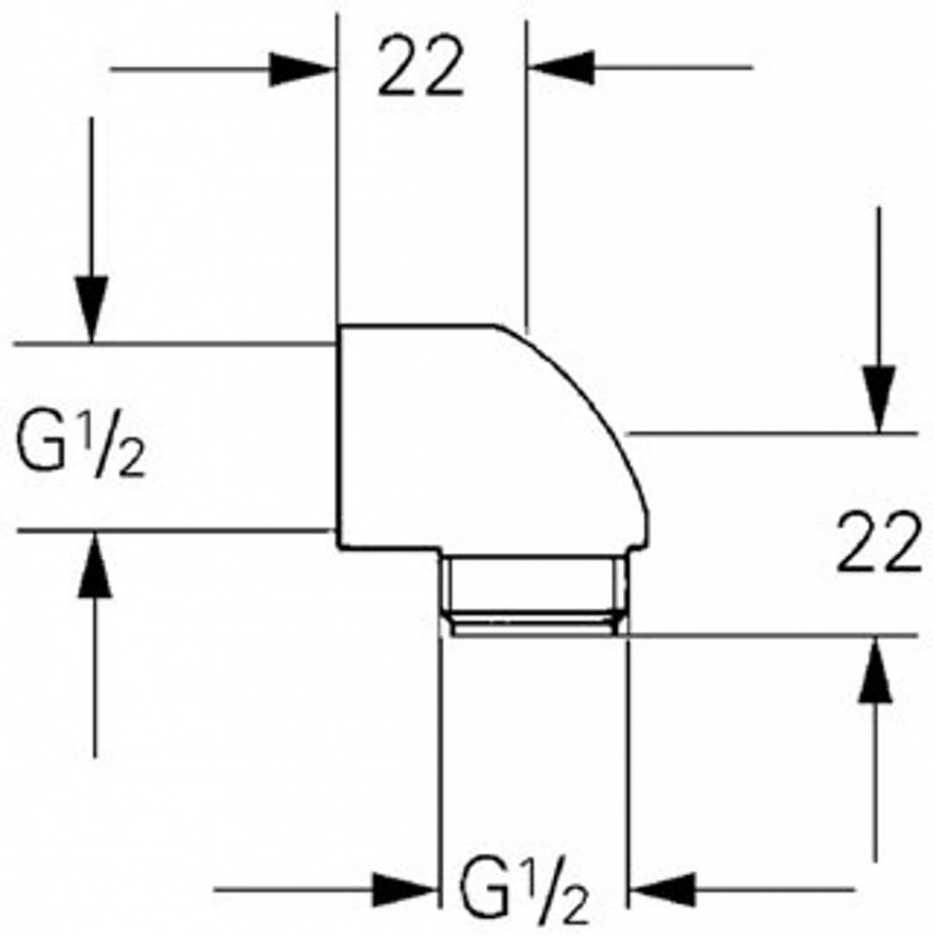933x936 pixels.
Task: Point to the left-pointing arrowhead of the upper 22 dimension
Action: tap(561, 68)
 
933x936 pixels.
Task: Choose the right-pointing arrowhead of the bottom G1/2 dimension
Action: tap(403, 888)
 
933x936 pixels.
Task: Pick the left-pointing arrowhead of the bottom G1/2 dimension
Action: tap(663, 888)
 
